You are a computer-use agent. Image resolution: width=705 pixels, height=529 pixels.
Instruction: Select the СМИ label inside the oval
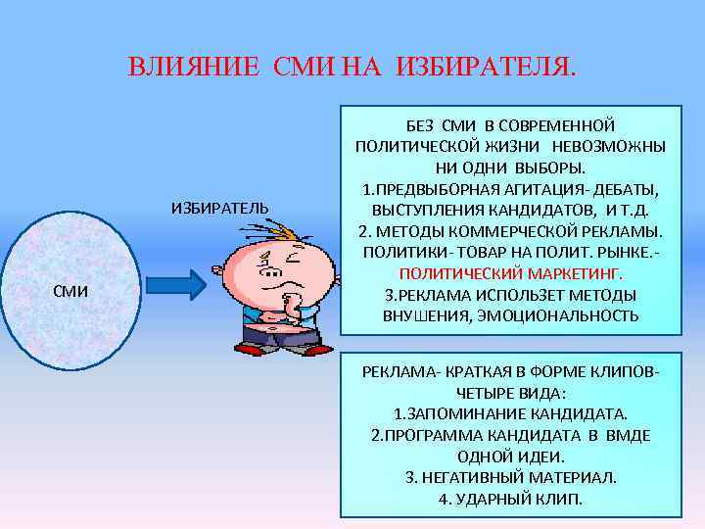(x=70, y=290)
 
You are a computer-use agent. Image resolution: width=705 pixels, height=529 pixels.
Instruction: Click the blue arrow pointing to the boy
(x=177, y=285)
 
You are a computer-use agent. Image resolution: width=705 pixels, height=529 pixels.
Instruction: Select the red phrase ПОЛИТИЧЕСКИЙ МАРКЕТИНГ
(x=510, y=275)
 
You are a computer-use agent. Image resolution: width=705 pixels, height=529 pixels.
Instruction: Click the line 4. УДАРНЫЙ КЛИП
(x=510, y=498)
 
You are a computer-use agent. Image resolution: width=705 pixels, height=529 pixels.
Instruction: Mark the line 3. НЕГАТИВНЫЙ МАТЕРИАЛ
(x=510, y=477)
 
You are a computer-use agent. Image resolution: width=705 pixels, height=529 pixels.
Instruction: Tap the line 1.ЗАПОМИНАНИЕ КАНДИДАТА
(x=510, y=414)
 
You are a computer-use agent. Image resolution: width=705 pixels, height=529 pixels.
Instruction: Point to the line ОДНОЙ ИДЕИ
(x=510, y=457)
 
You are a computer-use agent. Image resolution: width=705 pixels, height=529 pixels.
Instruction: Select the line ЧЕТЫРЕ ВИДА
(x=510, y=393)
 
